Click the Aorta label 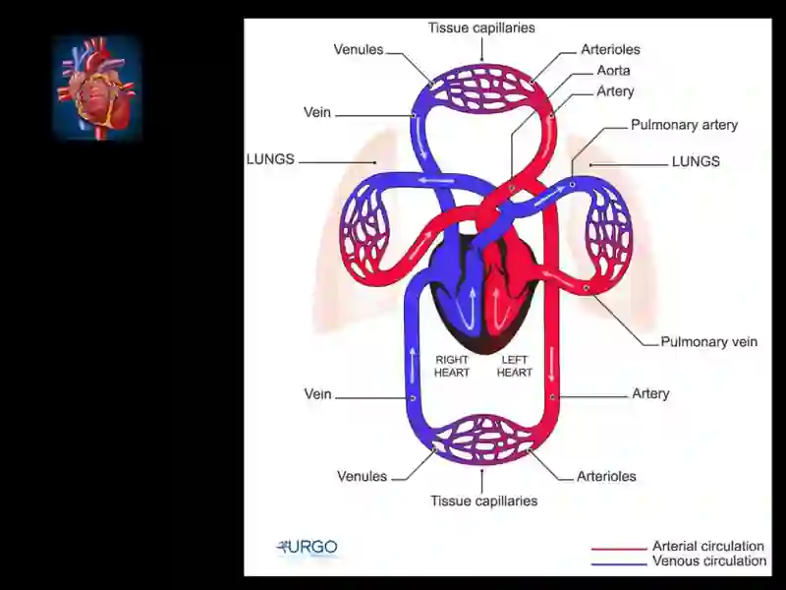coord(613,70)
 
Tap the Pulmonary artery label coord(684,125)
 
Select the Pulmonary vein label coord(708,341)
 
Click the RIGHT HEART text coord(452,366)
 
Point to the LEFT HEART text coord(514,366)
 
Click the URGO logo coord(308,547)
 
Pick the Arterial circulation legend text coord(708,546)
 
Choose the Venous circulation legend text coord(709,560)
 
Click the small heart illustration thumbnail coord(97,88)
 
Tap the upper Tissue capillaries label coord(481,28)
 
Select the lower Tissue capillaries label coord(483,501)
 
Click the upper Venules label coord(359,49)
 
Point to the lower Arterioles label coord(606,476)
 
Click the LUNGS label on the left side coord(270,159)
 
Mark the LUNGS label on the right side coord(696,161)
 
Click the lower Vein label coord(317,394)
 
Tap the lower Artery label coord(650,393)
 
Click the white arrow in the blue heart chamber coord(471,309)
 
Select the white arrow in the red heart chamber coord(498,309)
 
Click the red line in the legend coord(619,549)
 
